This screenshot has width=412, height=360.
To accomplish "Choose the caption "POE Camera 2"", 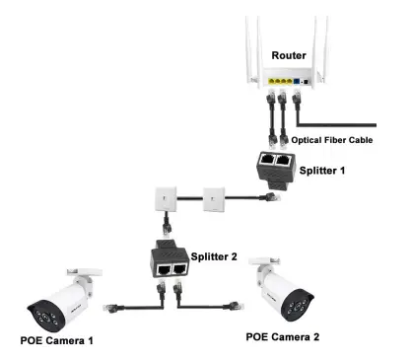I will coord(282,334).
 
